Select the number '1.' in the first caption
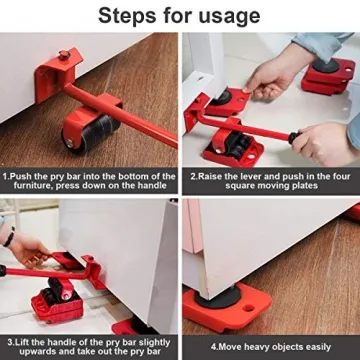8,173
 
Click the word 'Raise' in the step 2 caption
213,173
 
